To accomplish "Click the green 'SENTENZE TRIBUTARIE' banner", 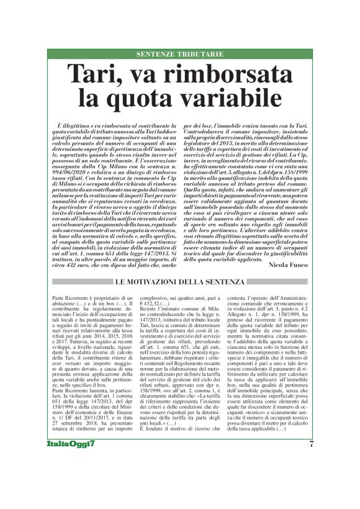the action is point(179,54).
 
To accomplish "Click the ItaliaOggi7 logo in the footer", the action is point(71,461).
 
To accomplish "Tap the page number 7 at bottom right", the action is point(310,460).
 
